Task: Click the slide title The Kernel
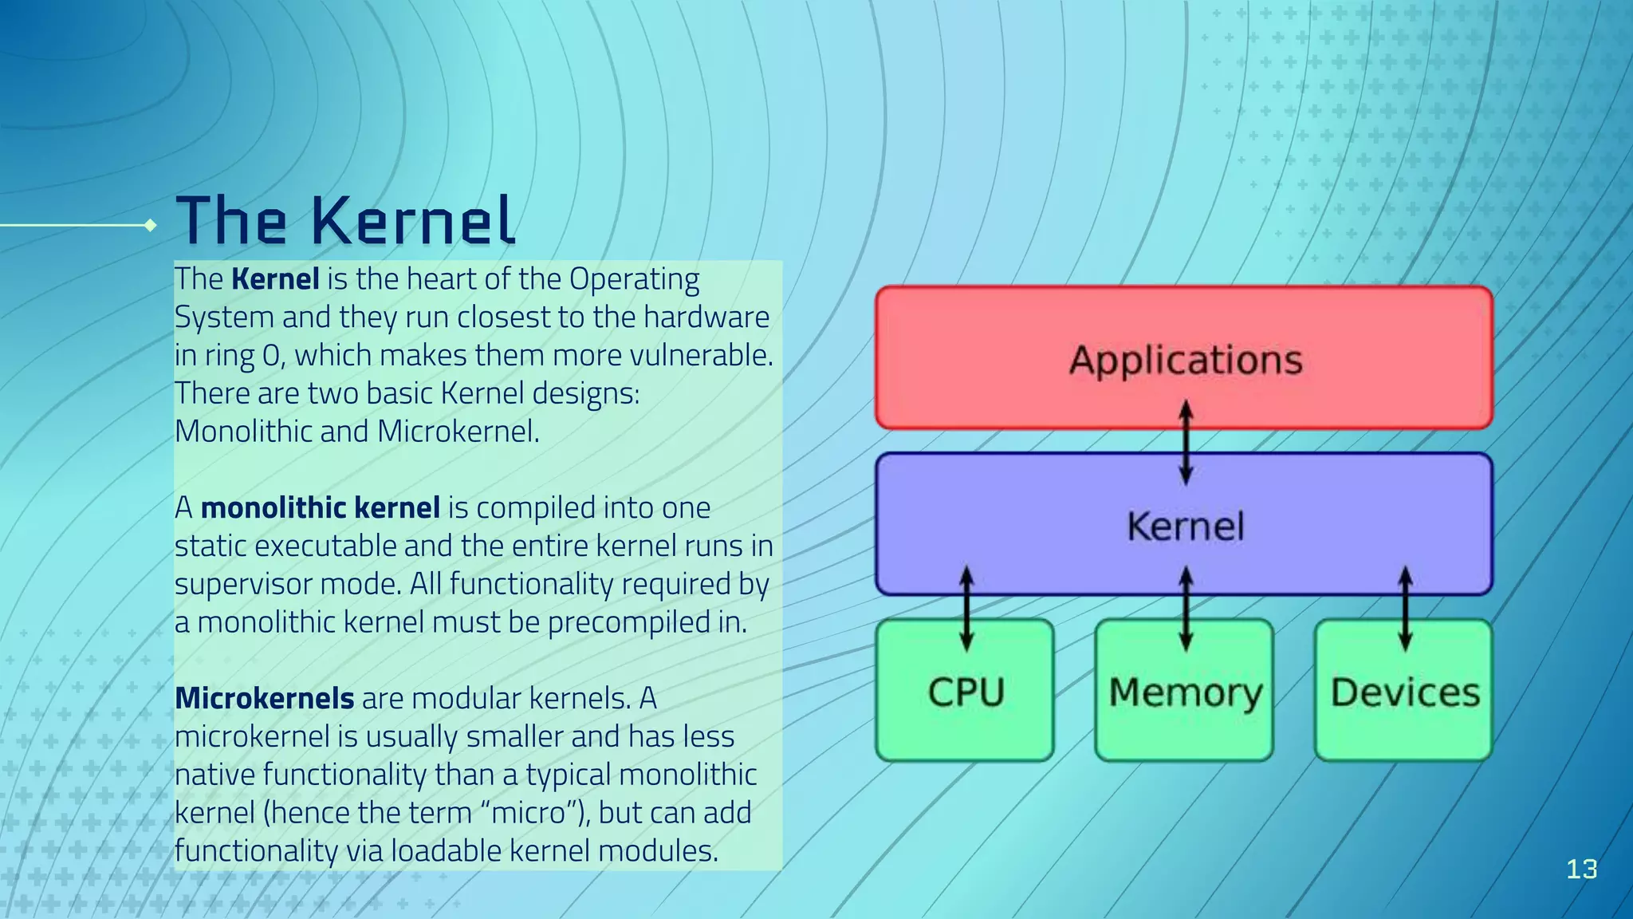pyautogui.click(x=345, y=220)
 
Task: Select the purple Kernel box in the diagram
pyautogui.click(x=1184, y=525)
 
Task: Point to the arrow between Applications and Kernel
pyautogui.click(x=1186, y=443)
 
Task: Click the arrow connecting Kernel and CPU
pyautogui.click(x=966, y=608)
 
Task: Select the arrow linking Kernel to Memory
pyautogui.click(x=1186, y=608)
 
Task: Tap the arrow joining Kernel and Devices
pyautogui.click(x=1405, y=608)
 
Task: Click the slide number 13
pyautogui.click(x=1581, y=869)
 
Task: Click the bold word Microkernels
pyautogui.click(x=264, y=698)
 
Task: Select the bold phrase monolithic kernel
pyautogui.click(x=320, y=507)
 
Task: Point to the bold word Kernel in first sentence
pyautogui.click(x=275, y=279)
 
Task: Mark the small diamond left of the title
pyautogui.click(x=150, y=226)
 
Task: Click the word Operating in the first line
pyautogui.click(x=634, y=279)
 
